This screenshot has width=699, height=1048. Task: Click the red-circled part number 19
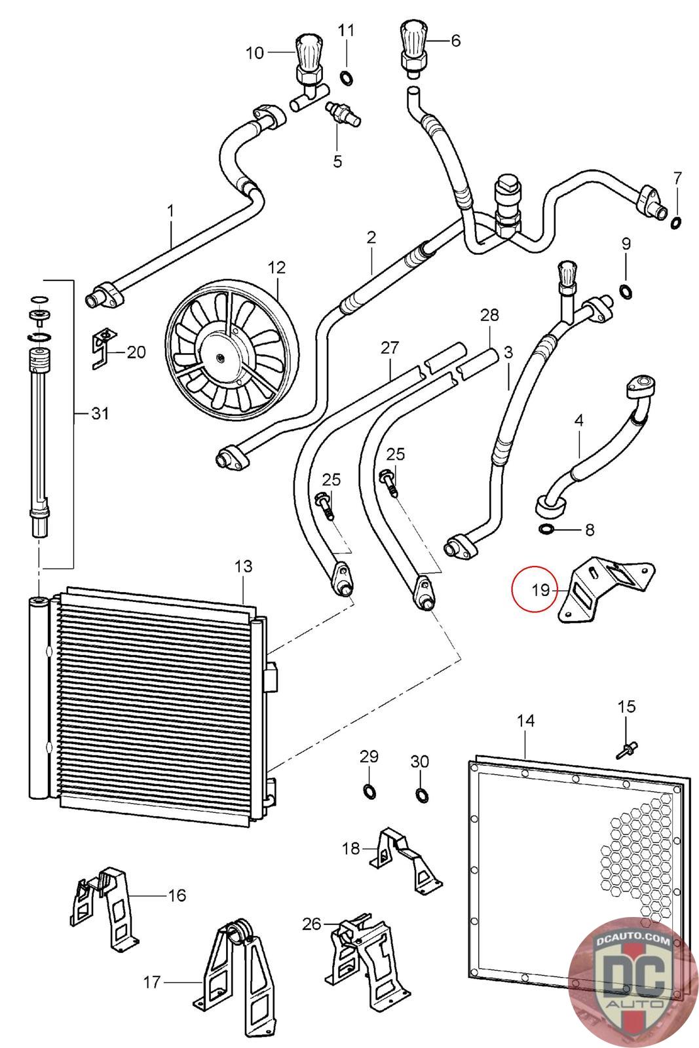[x=540, y=589]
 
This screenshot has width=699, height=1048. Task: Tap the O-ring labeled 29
[x=369, y=791]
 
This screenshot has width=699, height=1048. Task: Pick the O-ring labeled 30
[x=421, y=795]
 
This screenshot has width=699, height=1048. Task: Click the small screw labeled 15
[x=627, y=749]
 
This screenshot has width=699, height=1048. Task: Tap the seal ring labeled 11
[x=347, y=79]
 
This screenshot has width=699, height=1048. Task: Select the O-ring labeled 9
[x=626, y=291]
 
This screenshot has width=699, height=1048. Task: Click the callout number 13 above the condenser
[x=243, y=566]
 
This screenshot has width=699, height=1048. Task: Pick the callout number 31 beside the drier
[x=100, y=413]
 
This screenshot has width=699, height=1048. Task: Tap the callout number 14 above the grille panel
[x=525, y=720]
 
